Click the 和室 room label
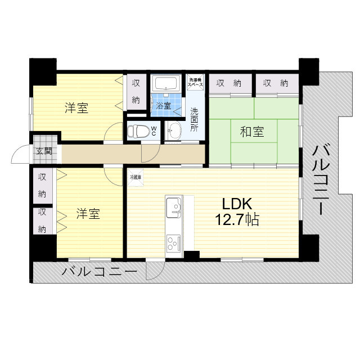(252, 133)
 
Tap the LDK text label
(236, 204)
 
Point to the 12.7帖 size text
(237, 219)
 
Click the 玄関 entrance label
(44, 151)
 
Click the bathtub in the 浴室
(165, 84)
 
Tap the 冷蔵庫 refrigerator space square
(135, 177)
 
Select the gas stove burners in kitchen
(172, 242)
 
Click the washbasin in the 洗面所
(175, 130)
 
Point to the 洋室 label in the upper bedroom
(76, 108)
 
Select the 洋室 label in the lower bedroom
(88, 214)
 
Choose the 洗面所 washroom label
(194, 119)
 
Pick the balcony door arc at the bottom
(153, 272)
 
